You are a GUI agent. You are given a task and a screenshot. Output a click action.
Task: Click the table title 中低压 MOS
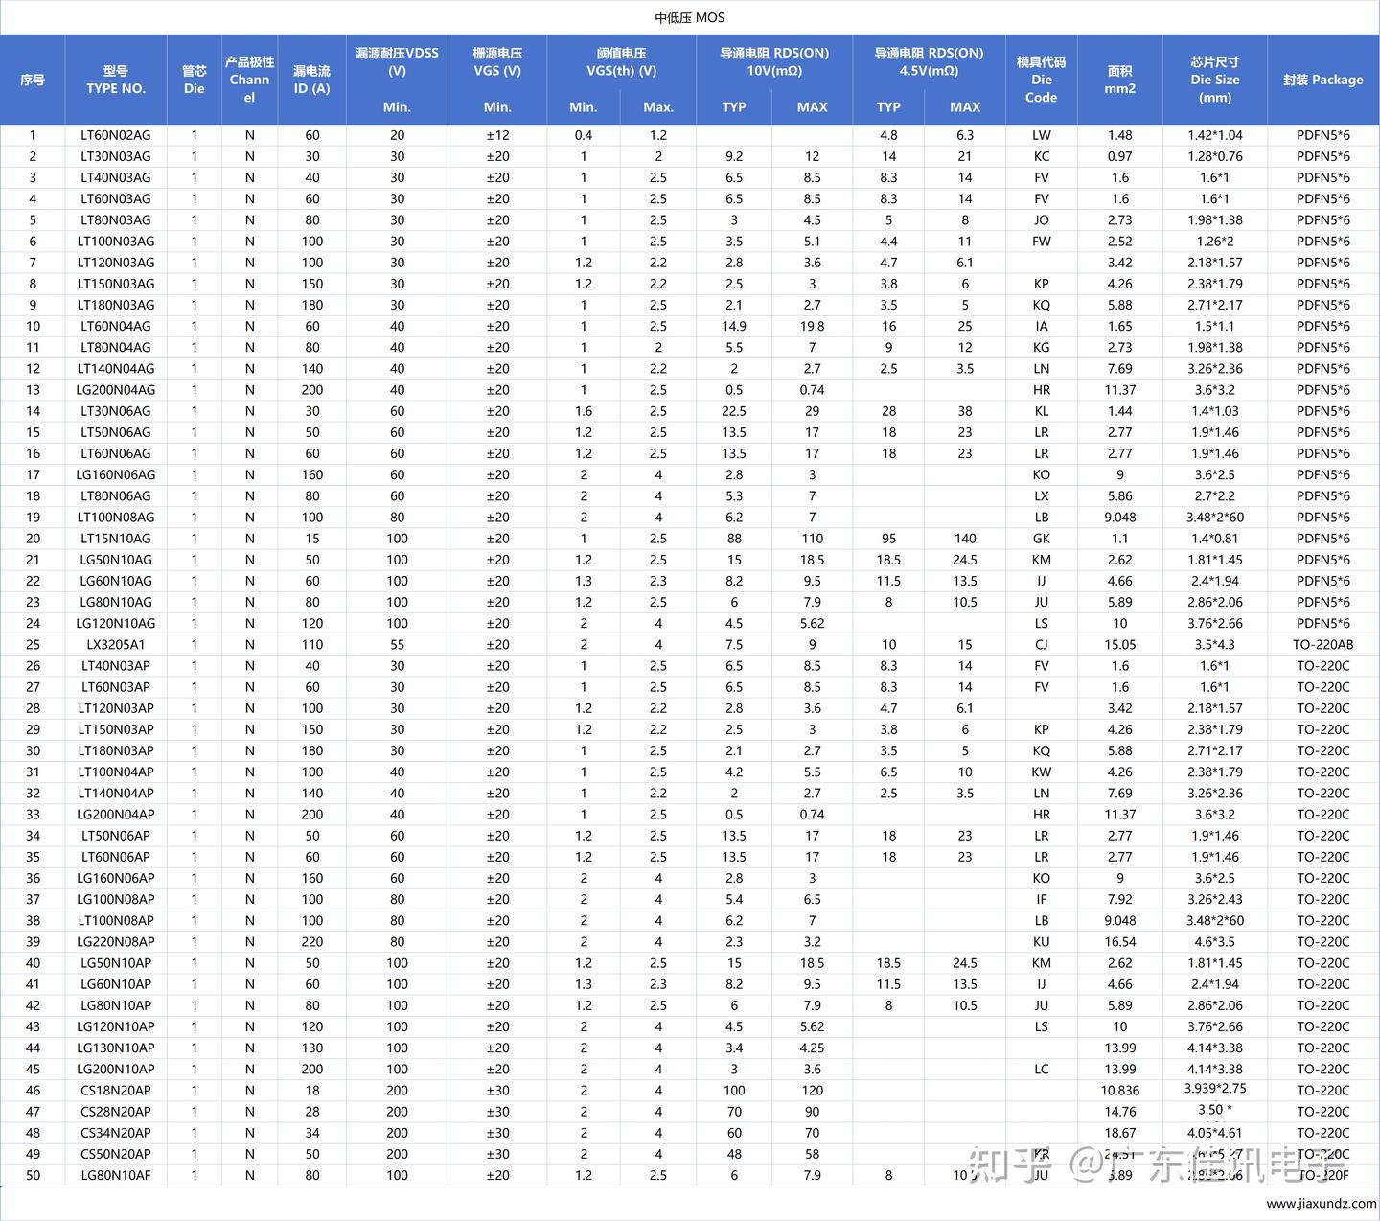click(x=689, y=17)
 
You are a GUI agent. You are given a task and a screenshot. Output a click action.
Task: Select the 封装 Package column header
click(x=1322, y=80)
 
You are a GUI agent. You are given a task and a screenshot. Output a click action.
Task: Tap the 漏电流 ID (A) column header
click(x=311, y=80)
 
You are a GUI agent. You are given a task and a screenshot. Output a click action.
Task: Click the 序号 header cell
click(x=33, y=80)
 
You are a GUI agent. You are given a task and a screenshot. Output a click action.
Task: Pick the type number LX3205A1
click(x=115, y=645)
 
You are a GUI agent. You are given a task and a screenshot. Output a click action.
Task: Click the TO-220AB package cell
click(x=1322, y=645)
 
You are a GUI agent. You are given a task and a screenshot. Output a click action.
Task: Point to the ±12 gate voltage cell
click(x=497, y=135)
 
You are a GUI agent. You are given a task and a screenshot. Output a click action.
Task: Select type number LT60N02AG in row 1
click(x=115, y=135)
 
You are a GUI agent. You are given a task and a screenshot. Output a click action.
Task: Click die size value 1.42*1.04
click(x=1214, y=135)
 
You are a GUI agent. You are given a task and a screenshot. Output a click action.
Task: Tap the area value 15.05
click(x=1119, y=645)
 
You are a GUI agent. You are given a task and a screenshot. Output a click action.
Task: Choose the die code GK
click(x=1042, y=539)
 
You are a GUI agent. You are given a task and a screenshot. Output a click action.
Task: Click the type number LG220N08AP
click(x=115, y=942)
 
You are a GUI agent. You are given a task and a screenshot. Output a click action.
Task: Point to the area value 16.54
click(x=1119, y=942)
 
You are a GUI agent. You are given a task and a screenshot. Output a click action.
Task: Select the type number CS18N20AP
click(x=115, y=1091)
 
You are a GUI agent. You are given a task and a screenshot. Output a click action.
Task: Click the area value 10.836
click(x=1119, y=1091)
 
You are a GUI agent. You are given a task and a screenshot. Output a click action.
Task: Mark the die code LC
click(x=1042, y=1070)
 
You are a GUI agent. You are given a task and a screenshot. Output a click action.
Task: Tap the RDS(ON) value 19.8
click(x=812, y=326)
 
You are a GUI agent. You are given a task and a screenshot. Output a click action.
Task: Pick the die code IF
click(x=1042, y=900)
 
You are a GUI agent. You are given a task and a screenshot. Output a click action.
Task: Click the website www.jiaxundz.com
click(x=1321, y=1204)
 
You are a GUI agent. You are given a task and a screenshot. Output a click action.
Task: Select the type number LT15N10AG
click(x=115, y=539)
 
